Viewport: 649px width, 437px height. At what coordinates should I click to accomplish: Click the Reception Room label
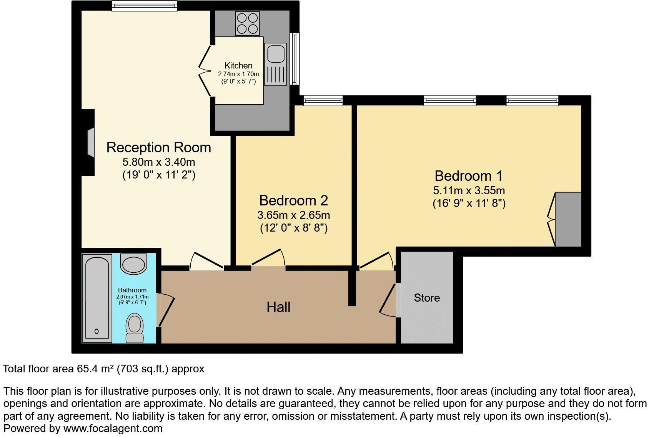pos(158,148)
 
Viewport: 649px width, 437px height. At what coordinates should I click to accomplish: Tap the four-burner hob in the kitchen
pos(247,23)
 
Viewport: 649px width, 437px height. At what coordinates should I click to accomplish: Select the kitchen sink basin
pos(275,53)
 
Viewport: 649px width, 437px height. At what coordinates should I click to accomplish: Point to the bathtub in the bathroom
pos(97,297)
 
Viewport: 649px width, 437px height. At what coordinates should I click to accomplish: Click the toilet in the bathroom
pos(135,327)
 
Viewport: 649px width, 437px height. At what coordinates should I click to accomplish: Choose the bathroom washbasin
pos(133,264)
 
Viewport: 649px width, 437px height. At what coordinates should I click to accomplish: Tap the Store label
pos(427,298)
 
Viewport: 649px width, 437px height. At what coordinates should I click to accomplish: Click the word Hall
pos(278,307)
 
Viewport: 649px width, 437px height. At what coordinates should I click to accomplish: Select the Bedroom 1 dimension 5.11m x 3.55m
pos(469,190)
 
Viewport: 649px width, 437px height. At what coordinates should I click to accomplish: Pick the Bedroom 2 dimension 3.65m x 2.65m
pos(293,215)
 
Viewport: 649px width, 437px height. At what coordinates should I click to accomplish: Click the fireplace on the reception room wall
pos(90,143)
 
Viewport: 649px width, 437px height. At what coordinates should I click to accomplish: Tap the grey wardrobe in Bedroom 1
pos(568,220)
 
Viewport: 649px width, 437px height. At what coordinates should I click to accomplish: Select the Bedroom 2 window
pos(323,101)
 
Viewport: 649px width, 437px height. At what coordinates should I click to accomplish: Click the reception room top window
pos(144,6)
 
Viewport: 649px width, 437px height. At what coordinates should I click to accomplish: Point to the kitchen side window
pos(295,58)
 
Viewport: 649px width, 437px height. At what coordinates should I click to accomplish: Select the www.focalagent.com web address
pos(113,428)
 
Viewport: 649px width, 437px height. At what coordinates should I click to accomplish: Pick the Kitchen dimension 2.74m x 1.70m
pos(238,74)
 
